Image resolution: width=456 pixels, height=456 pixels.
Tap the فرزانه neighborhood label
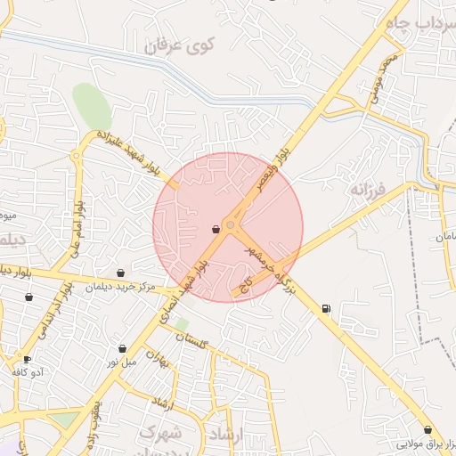[366, 190]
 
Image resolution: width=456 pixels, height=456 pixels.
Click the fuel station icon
[325, 309]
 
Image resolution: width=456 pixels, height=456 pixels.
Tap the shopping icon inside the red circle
[216, 229]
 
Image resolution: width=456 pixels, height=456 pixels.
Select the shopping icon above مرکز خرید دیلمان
[121, 273]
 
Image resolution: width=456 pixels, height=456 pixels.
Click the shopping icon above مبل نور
[122, 348]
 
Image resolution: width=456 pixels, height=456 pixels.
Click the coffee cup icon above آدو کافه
[27, 359]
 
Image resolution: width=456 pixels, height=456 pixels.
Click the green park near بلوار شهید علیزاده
[92, 108]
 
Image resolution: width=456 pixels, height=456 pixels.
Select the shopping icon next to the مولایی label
[427, 430]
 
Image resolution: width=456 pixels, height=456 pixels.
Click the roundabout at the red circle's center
[230, 226]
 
